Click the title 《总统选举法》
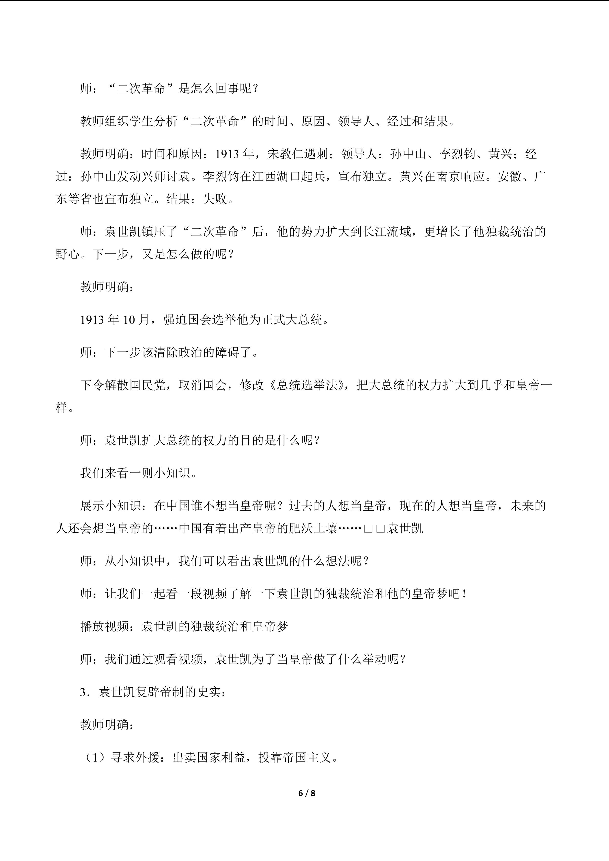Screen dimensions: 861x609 click(307, 385)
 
